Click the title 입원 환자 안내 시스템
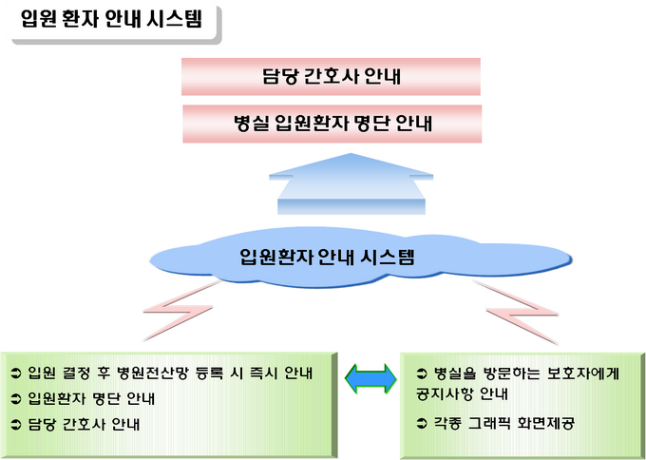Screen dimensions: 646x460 point(112,19)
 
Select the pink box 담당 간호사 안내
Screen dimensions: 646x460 point(331,77)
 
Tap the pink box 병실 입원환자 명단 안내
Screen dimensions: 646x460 point(332,124)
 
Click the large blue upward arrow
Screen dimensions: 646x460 point(351,183)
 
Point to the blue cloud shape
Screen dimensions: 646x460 point(360,258)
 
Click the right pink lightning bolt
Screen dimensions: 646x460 point(517,312)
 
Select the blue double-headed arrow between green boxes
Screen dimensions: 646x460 point(370,378)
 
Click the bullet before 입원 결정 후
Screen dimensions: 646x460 point(16,374)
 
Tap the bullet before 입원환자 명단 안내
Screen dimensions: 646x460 point(16,399)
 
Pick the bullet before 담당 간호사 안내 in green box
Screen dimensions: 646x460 point(16,425)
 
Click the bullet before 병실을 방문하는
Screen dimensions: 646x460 point(422,374)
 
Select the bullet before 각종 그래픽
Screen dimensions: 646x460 point(422,423)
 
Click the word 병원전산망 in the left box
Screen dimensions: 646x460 point(152,374)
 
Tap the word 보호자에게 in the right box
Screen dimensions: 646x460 point(583,374)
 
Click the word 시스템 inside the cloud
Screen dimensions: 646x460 point(388,257)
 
